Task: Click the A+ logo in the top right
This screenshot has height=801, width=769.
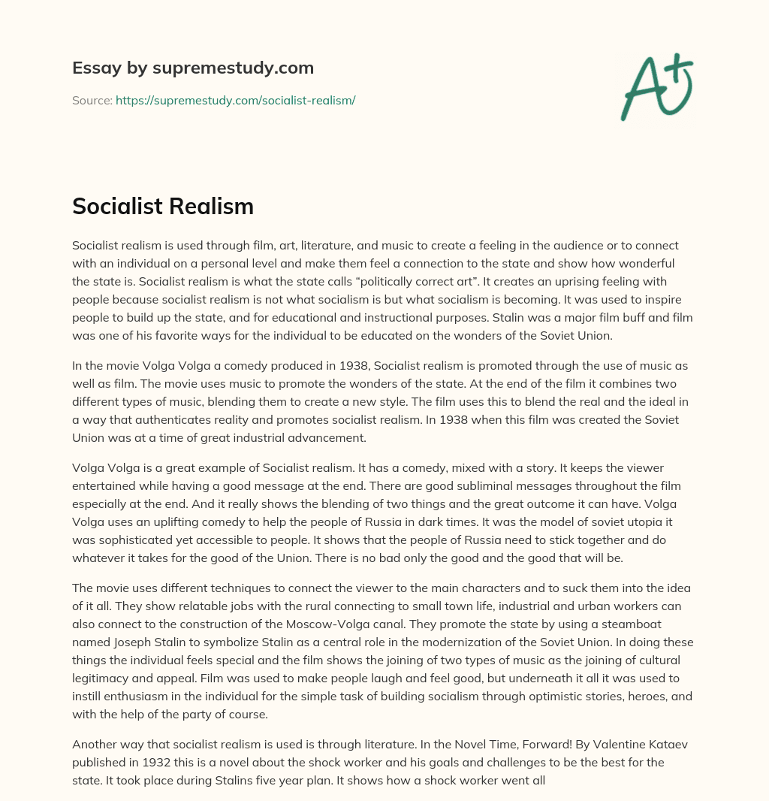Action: point(656,86)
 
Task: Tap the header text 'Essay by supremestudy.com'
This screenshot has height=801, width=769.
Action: point(193,68)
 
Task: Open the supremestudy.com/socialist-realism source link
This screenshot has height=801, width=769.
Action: point(235,100)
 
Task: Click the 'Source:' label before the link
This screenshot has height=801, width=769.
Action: point(92,100)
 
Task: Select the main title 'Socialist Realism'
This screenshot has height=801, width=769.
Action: point(163,207)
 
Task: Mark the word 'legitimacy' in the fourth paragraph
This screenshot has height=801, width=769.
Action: point(101,679)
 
